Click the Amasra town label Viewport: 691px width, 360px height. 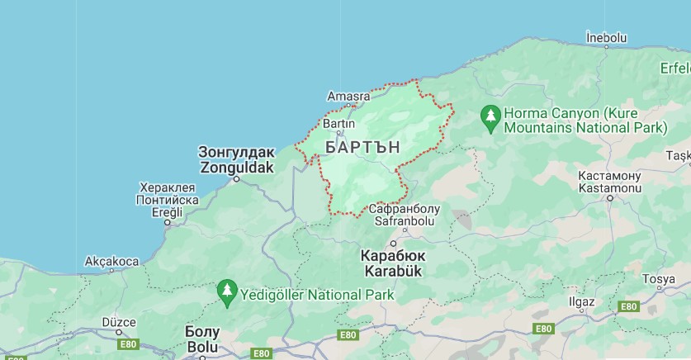(x=348, y=96)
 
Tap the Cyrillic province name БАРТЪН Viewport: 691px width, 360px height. (x=362, y=146)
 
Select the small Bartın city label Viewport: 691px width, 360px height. (x=338, y=123)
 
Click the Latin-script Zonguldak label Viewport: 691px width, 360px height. (x=236, y=165)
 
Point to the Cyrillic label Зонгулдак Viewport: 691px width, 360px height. (x=236, y=152)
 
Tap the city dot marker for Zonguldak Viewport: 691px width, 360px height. (x=236, y=178)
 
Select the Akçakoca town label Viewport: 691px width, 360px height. (x=111, y=262)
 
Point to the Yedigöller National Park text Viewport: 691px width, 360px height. (x=317, y=294)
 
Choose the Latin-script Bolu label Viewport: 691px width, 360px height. (x=202, y=347)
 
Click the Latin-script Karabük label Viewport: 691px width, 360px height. (x=391, y=271)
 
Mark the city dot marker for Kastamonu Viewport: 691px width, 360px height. (x=610, y=198)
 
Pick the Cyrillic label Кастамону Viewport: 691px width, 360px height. (x=609, y=176)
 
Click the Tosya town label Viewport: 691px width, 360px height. (x=658, y=279)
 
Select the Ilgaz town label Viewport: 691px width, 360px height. (x=581, y=301)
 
